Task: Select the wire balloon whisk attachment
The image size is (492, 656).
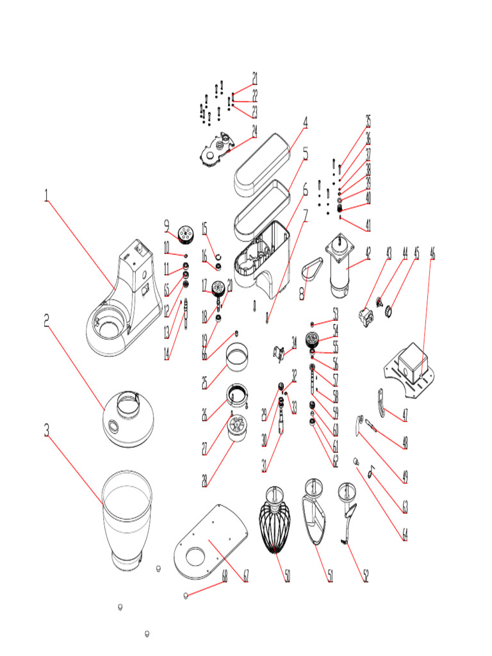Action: coord(277,523)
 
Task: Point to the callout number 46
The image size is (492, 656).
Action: coord(432,252)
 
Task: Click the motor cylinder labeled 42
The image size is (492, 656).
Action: coord(340,269)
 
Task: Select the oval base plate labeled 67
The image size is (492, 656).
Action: coord(210,540)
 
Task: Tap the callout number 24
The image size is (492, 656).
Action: coord(254,131)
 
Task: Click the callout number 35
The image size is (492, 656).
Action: coord(368,121)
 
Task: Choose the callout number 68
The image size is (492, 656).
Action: coord(224,576)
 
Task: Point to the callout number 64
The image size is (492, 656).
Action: coord(404,533)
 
